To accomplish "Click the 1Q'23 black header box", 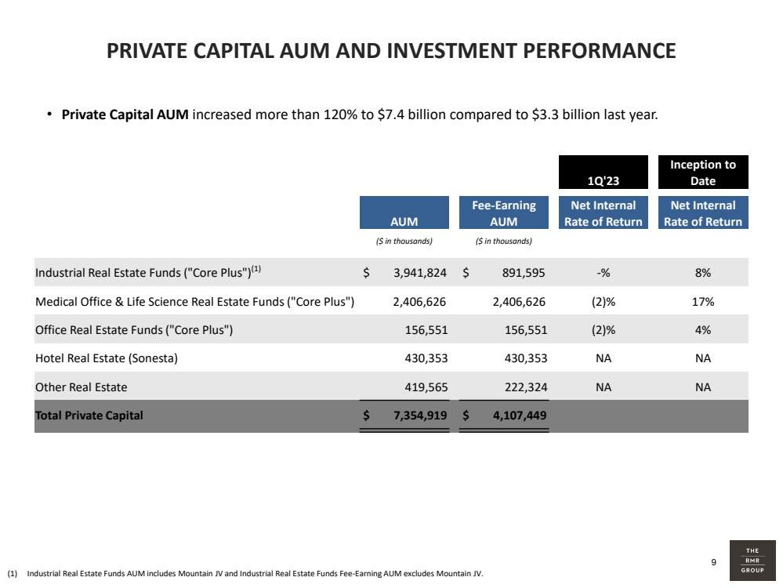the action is (x=604, y=172).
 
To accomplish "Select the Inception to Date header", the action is (x=703, y=172).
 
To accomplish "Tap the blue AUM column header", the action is (x=404, y=212).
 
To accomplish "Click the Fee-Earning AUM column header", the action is (x=504, y=212).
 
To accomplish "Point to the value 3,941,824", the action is (x=420, y=273).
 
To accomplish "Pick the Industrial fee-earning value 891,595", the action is (x=524, y=273).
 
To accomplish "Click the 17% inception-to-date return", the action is (x=703, y=302).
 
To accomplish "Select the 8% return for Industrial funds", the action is (x=703, y=273).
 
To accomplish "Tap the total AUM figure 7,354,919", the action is (x=420, y=416).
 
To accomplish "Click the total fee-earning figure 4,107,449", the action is (x=520, y=416).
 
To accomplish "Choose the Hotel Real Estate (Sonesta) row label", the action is (x=107, y=358).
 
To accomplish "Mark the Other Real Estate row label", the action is (x=82, y=387).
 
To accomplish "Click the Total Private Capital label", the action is (x=89, y=416).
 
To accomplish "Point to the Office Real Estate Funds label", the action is (x=134, y=330).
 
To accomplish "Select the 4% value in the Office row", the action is (x=703, y=330).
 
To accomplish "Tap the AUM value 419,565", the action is (x=426, y=387).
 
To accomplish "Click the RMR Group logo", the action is (x=752, y=561).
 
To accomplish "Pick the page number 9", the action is (x=713, y=562).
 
